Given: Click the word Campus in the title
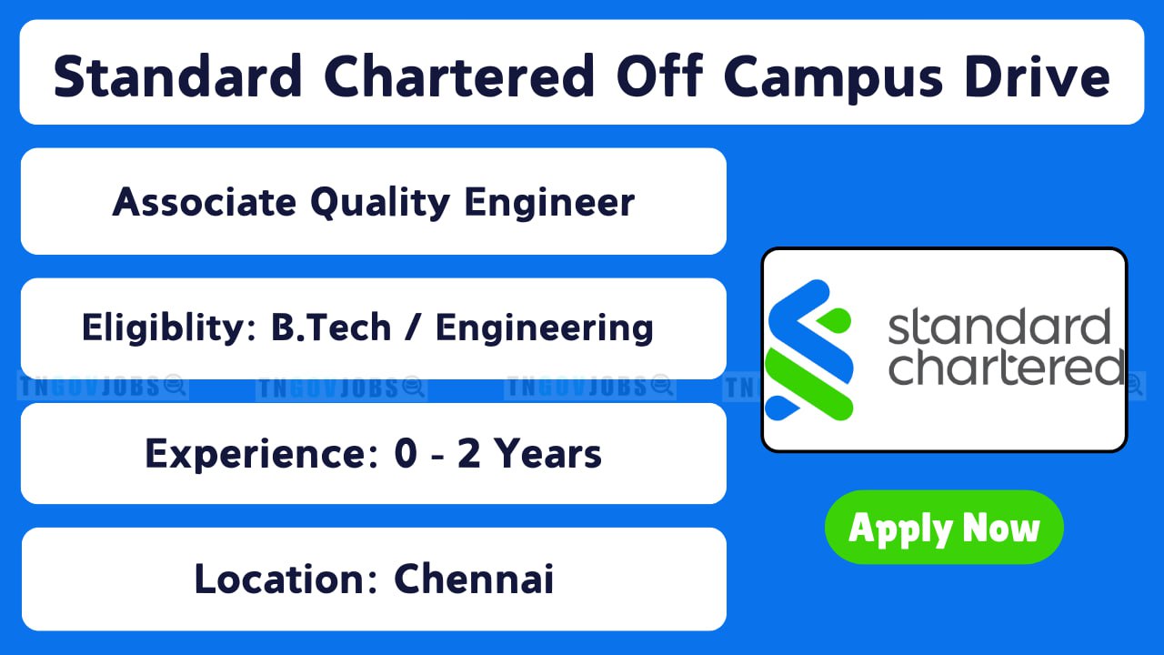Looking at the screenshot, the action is click(x=832, y=77).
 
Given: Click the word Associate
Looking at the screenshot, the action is click(x=205, y=202).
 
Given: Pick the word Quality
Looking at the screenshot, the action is click(x=380, y=203).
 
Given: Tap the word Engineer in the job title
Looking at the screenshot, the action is click(x=549, y=203).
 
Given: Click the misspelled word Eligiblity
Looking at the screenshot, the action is click(x=169, y=328).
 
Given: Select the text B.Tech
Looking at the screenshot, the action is click(x=331, y=327).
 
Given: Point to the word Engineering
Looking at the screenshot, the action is click(x=544, y=328).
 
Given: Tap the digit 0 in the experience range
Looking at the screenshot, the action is click(x=406, y=453).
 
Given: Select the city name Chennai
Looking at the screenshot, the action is click(x=474, y=579).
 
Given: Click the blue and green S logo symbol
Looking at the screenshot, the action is click(x=809, y=350).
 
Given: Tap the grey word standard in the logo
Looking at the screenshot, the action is click(x=999, y=326).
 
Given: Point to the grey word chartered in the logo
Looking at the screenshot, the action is click(x=1007, y=366).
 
